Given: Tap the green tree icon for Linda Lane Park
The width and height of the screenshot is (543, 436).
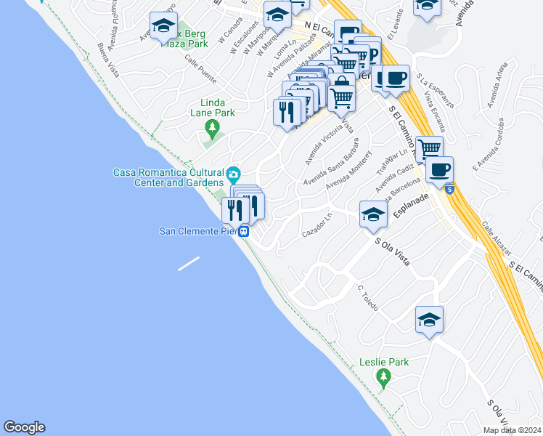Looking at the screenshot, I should (x=212, y=129).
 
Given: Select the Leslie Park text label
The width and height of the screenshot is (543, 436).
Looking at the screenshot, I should (x=384, y=362).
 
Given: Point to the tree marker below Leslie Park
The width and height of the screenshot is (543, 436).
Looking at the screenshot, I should (x=384, y=376).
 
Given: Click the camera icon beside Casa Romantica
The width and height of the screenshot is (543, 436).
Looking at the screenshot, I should (x=233, y=174).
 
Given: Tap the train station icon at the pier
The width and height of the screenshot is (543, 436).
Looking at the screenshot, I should (x=245, y=233).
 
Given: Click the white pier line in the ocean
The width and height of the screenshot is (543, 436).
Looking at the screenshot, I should (x=189, y=263).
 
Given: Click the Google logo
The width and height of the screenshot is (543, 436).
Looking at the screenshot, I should (x=24, y=427).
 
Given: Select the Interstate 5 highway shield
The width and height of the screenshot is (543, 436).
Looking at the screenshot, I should (x=450, y=190).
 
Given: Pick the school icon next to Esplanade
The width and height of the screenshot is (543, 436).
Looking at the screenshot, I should (x=373, y=214).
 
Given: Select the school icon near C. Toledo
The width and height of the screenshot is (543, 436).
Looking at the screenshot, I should (x=429, y=319).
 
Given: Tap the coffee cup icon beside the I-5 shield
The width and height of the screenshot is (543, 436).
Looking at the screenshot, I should (x=438, y=170).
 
